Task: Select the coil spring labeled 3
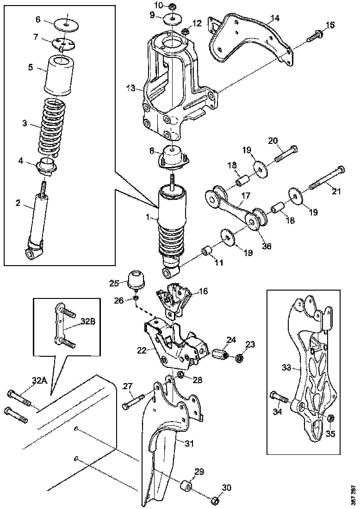pyautogui.click(x=54, y=126)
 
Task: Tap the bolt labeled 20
pyautogui.click(x=286, y=153)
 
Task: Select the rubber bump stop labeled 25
pyautogui.click(x=136, y=278)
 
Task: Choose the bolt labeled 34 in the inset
pyautogui.click(x=279, y=397)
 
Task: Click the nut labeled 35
pyautogui.click(x=331, y=419)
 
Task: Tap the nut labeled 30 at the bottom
pyautogui.click(x=215, y=501)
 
